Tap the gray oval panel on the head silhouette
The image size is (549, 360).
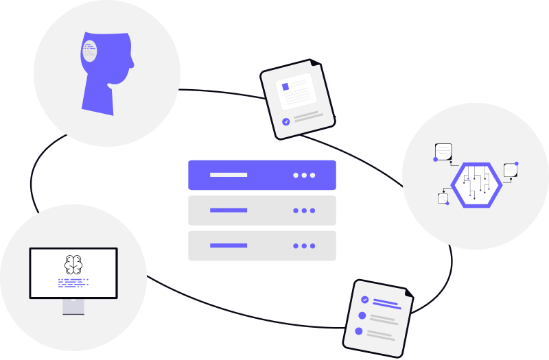[89, 51]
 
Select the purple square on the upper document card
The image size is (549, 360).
[285, 86]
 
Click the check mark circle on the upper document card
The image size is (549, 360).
[285, 122]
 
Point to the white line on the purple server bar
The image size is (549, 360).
[228, 175]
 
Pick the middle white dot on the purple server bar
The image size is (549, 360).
[304, 175]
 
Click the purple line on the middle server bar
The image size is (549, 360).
[228, 210]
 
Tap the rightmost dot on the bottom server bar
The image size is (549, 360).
[312, 245]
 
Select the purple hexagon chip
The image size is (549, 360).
[476, 184]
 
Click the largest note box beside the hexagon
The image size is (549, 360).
[443, 150]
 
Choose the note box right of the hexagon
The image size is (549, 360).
[510, 169]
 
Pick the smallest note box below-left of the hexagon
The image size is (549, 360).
[443, 198]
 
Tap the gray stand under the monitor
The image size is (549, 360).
[73, 307]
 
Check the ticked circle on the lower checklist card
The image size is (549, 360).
[365, 300]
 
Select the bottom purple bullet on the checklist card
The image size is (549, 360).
[358, 331]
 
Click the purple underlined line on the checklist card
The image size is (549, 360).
[386, 304]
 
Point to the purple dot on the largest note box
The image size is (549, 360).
[435, 159]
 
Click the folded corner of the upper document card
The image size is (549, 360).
[316, 63]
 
